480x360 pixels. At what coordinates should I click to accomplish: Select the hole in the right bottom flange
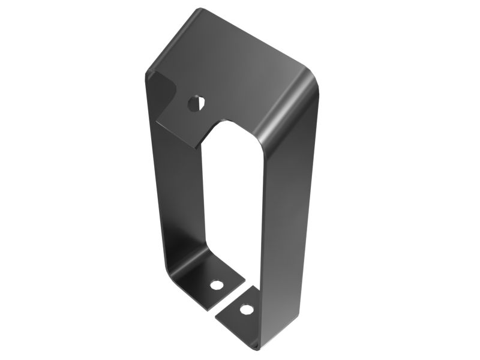tap(245, 310)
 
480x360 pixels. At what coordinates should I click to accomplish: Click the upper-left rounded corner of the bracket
tap(149, 73)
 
